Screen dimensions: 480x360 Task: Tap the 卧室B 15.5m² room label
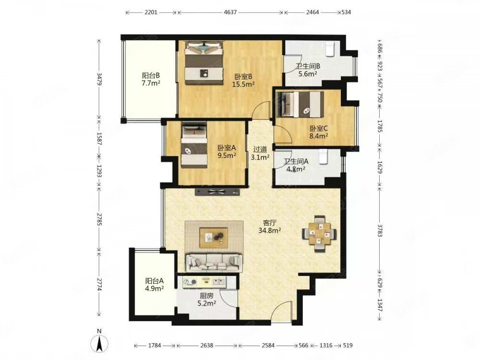point(244,80)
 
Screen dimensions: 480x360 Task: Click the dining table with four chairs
point(319,234)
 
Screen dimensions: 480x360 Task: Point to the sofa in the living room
point(214,263)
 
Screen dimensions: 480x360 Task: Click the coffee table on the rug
point(214,238)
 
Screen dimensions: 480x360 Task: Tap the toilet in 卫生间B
point(329,49)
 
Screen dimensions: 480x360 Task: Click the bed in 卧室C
point(300,104)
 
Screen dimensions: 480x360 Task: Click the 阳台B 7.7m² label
point(151,79)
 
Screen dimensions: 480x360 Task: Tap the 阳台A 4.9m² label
point(155,284)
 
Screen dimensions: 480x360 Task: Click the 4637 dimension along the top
point(230,12)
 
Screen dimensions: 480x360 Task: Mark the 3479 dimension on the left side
point(98,79)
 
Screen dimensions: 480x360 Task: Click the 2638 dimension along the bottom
point(206,345)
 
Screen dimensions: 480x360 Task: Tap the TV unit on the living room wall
point(217,192)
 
